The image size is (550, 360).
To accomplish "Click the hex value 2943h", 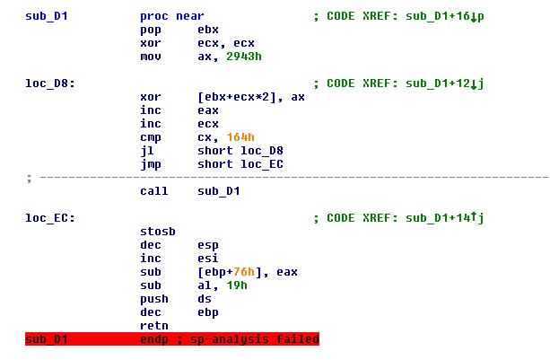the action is (x=244, y=57).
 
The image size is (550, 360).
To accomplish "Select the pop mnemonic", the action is (x=151, y=31).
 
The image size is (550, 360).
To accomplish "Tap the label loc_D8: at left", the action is (x=50, y=83).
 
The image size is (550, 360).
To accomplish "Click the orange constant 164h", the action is (x=240, y=137).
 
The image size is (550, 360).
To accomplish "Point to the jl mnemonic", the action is (x=147, y=151).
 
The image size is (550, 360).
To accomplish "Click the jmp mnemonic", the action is (x=151, y=164).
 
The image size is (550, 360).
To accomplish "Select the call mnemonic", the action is (x=154, y=191).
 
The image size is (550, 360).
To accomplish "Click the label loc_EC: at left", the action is (x=50, y=218).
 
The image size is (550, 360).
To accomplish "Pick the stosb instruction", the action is (x=158, y=232).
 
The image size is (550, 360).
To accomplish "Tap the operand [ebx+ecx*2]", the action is (x=237, y=97).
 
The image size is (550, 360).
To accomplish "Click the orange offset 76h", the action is (x=244, y=272).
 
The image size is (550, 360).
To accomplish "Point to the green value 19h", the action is (x=237, y=285).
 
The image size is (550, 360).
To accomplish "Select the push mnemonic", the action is (x=154, y=299).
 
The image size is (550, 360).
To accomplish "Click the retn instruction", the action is (x=154, y=326).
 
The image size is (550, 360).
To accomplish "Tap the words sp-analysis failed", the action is (x=255, y=339).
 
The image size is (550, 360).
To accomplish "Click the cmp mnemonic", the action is (x=151, y=138).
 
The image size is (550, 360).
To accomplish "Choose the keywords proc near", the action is (x=172, y=16).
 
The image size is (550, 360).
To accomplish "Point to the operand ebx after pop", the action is (x=208, y=30).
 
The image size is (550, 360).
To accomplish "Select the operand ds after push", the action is (x=205, y=299).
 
